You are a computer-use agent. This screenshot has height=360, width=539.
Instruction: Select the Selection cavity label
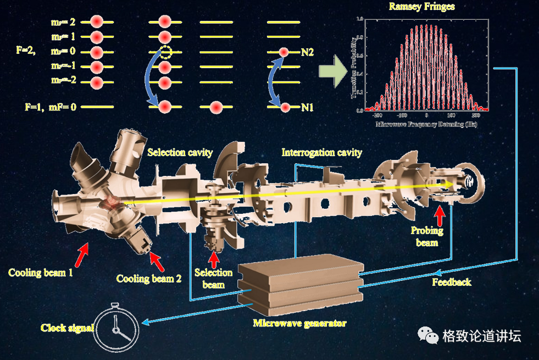pyautogui.click(x=180, y=152)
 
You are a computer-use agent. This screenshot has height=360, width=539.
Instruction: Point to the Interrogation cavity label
pyautogui.click(x=321, y=152)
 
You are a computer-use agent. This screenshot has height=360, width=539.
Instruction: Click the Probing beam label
pyautogui.click(x=427, y=236)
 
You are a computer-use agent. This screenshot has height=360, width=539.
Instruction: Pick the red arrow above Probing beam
pyautogui.click(x=441, y=214)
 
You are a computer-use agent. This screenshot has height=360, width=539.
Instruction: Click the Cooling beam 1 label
pyautogui.click(x=40, y=272)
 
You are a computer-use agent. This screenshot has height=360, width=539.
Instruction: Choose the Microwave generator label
pyautogui.click(x=299, y=323)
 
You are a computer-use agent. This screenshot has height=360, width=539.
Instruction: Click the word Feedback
pyautogui.click(x=451, y=282)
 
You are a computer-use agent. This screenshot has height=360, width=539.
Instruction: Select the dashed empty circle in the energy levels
pyautogui.click(x=165, y=53)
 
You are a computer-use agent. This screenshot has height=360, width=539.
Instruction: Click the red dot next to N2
pyautogui.click(x=284, y=53)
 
